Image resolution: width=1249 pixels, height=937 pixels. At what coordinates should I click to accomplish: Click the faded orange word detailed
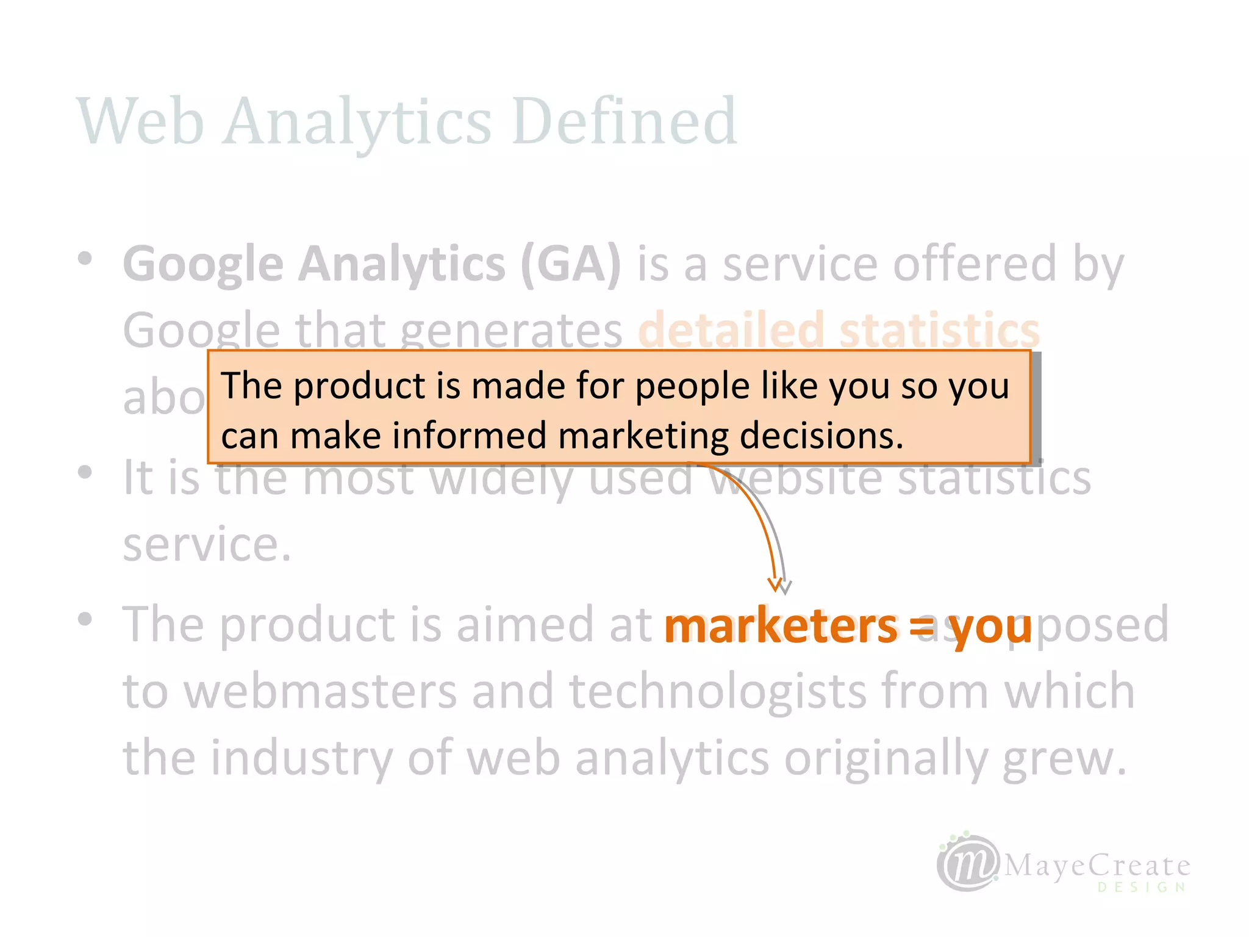coord(731,330)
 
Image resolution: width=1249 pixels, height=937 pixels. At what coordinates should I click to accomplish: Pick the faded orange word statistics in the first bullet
coord(939,330)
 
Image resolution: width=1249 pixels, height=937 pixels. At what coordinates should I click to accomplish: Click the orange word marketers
coord(781,627)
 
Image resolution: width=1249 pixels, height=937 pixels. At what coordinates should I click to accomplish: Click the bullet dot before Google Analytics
coord(85,259)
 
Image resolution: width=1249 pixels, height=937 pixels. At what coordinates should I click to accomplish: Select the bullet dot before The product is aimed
coord(85,619)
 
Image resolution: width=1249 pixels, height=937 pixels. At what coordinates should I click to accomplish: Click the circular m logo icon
coord(968,863)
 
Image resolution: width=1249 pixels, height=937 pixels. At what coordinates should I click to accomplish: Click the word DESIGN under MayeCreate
coord(1142,887)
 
